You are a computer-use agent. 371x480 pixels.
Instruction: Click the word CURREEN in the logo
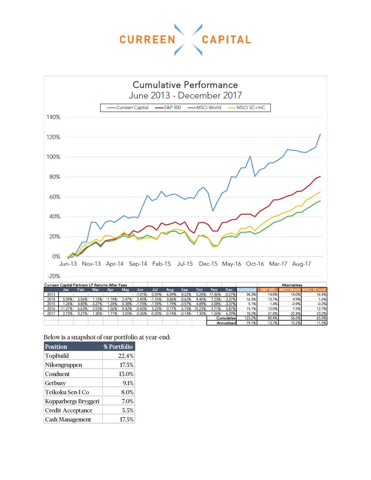pos(147,40)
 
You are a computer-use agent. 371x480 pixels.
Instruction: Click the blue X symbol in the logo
pos(188,40)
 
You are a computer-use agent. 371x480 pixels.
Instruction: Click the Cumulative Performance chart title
pos(185,85)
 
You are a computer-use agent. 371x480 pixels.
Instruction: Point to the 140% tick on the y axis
pos(54,117)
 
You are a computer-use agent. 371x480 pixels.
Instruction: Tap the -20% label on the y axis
pos(54,276)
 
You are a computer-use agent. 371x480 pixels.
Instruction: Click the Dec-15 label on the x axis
pos(208,264)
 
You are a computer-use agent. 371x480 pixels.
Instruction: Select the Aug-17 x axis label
pos(301,264)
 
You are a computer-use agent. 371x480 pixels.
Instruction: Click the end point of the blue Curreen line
pos(320,134)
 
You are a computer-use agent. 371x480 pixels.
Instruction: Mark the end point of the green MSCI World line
pos(320,201)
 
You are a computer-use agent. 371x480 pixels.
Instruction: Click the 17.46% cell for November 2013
pos(215,294)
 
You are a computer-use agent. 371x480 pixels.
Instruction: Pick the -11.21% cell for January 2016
pos(66,309)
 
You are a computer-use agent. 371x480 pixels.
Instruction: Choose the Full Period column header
pos(246,290)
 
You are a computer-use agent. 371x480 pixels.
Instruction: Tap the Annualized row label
pos(226,323)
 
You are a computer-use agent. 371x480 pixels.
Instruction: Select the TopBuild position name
pos(57,356)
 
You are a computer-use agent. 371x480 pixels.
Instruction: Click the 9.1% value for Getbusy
pos(128,383)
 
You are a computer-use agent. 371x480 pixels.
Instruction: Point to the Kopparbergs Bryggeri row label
pos(72,401)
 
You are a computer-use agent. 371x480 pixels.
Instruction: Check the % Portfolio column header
pos(118,347)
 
